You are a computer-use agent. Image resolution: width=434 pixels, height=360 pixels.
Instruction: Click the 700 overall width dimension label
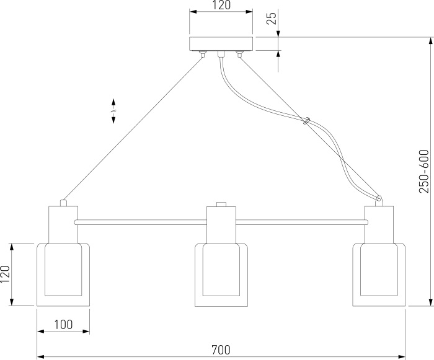point(221,349)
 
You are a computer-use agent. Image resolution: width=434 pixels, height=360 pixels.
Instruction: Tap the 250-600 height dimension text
point(423,171)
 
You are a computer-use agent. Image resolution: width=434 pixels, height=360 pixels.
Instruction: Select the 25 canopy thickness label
point(272,19)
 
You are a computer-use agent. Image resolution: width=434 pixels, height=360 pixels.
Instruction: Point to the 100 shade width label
point(63,325)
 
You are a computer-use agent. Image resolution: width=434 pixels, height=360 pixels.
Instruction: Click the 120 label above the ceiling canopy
point(221,5)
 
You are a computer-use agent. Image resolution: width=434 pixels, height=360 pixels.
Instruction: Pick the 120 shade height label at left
point(5,274)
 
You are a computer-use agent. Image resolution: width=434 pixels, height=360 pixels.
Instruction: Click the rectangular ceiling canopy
point(221,44)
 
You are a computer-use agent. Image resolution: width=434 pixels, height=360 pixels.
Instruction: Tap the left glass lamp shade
point(63,274)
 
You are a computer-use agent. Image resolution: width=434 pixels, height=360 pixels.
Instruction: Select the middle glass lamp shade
point(221,274)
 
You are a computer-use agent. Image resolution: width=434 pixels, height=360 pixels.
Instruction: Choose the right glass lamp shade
point(379,274)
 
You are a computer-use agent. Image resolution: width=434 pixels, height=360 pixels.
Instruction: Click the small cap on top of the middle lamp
point(221,204)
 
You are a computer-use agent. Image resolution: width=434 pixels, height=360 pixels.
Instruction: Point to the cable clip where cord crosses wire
point(306,121)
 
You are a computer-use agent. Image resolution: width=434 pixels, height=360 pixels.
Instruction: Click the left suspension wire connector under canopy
point(203,54)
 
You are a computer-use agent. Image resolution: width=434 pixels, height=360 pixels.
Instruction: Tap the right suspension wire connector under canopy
point(239,54)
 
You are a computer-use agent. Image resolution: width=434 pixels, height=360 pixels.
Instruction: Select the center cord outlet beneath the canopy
point(221,54)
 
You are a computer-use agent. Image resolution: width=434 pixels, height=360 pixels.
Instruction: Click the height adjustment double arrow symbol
point(113,111)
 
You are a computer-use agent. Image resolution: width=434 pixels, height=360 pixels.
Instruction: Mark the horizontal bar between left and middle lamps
point(141,222)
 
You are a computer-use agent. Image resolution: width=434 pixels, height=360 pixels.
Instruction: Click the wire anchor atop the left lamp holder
point(63,203)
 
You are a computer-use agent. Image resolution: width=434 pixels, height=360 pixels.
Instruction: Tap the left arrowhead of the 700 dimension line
point(40,356)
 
